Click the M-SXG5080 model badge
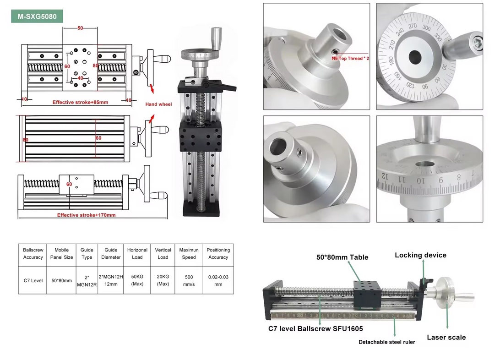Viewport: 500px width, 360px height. point(37,16)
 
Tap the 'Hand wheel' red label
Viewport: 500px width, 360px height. point(158,104)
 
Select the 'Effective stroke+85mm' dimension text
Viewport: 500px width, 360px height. point(80,102)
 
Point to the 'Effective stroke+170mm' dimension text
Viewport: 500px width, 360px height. point(86,215)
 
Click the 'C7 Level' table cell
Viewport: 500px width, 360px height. point(33,280)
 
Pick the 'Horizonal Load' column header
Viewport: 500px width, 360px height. point(137,254)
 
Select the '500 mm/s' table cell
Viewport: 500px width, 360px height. point(189,280)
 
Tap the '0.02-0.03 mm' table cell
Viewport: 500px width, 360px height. point(218,280)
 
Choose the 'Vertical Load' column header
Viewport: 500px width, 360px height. point(163,254)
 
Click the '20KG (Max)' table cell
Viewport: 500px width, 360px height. point(163,280)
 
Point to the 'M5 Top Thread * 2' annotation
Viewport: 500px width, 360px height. point(350,59)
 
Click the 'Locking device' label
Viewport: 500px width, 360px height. point(420,255)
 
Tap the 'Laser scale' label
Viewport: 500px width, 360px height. point(446,338)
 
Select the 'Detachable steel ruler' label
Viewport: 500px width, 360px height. point(386,342)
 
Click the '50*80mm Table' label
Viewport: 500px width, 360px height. point(342,257)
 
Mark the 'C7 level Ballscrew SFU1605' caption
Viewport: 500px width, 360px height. point(315,329)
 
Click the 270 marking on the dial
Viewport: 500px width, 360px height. point(413,27)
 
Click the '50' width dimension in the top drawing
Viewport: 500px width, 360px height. point(80,28)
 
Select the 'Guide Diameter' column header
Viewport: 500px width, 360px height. point(111,254)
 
